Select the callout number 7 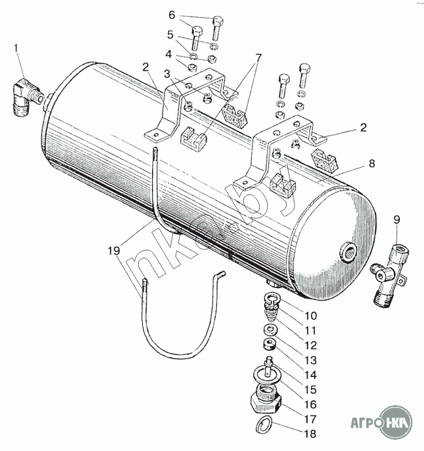point(258,57)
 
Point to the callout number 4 point(168,54)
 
